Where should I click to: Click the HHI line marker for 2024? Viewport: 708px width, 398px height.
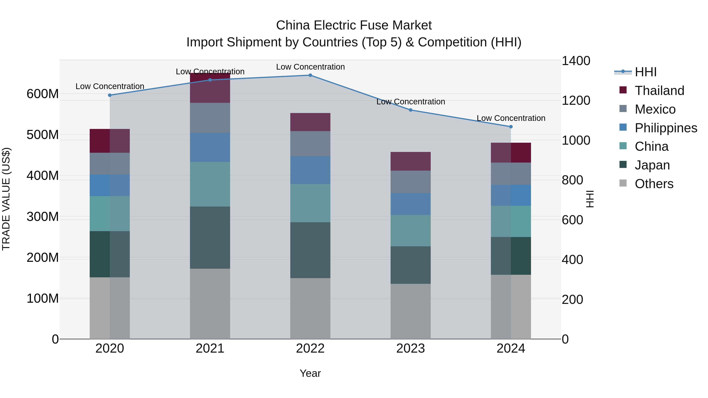click(511, 127)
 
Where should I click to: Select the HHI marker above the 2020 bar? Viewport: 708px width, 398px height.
click(110, 95)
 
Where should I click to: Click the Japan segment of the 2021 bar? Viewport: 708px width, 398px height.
click(210, 238)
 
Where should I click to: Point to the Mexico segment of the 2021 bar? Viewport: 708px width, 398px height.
click(210, 118)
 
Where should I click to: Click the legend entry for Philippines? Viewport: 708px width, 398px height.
click(666, 128)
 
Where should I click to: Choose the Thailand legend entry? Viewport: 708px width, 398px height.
click(659, 91)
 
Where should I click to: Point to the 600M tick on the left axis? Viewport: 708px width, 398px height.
click(43, 94)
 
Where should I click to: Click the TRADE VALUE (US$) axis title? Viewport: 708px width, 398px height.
click(6, 199)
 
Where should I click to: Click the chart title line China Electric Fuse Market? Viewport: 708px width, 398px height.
click(354, 25)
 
